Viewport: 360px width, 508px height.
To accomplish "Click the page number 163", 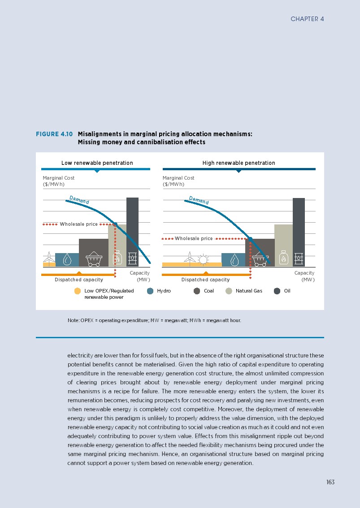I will pos(330,482).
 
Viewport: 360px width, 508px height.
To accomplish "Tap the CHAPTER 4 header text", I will pos(307,19).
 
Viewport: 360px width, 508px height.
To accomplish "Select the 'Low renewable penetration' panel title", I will pos(97,163).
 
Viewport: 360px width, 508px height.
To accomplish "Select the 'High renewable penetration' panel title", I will pos(239,163).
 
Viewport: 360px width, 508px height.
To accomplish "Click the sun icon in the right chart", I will pos(204,259).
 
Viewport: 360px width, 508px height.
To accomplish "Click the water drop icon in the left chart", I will pos(67,259).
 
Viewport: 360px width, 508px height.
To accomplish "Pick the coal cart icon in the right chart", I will pos(259,259).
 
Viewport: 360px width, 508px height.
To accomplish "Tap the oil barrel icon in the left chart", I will pos(132,258).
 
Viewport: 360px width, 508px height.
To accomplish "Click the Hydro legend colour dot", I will pos(150,291).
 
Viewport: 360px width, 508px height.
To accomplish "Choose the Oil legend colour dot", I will pos(277,291).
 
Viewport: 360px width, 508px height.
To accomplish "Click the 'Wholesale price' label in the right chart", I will pos(194,239).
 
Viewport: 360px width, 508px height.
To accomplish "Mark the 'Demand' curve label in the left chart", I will pos(79,200).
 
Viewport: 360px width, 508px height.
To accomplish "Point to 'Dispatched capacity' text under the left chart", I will pos(79,280).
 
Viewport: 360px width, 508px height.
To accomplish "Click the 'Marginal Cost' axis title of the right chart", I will pos(178,178).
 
